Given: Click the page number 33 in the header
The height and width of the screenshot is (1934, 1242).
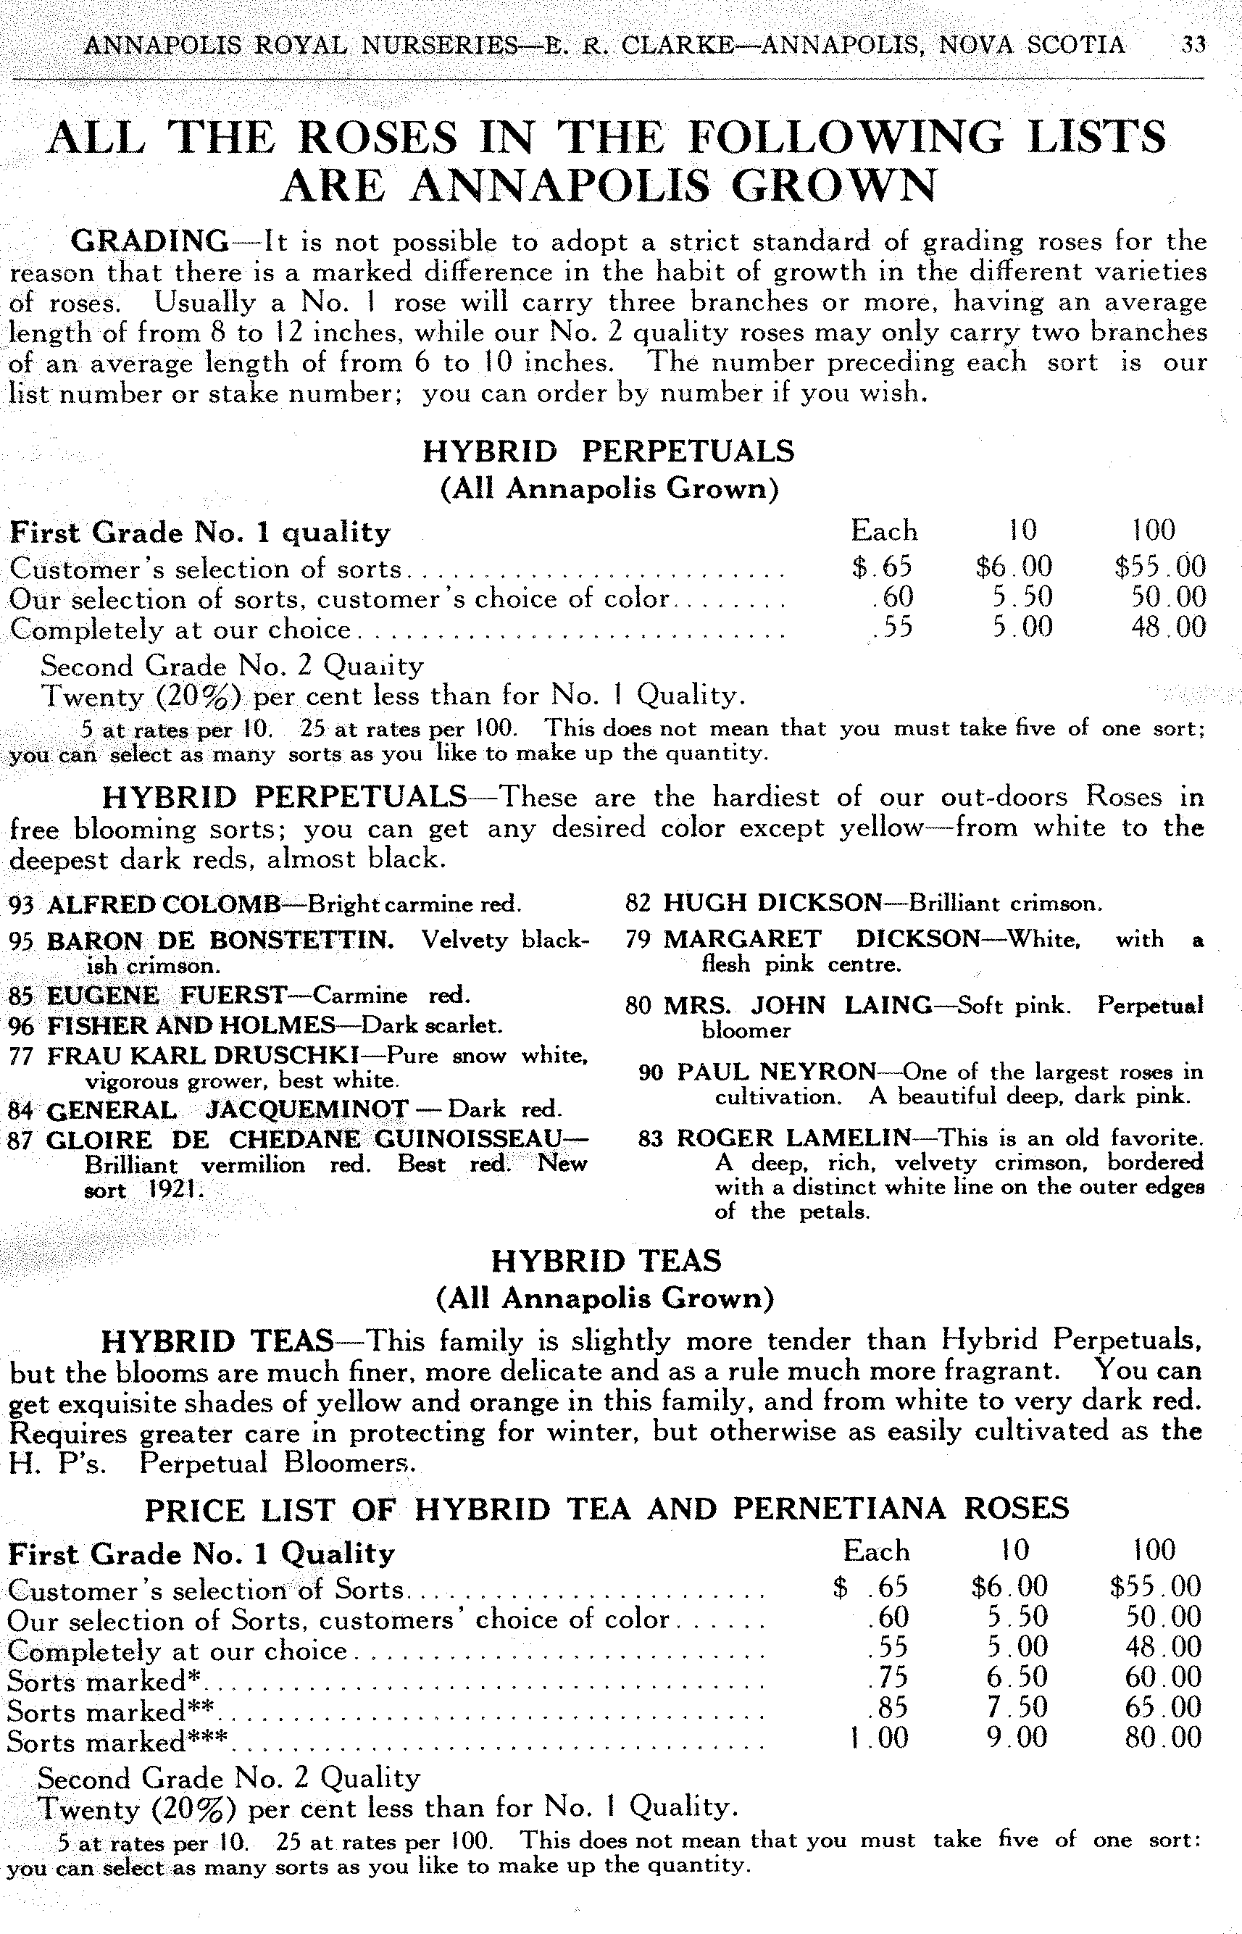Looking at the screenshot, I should click(x=1193, y=44).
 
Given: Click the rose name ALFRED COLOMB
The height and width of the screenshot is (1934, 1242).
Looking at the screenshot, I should click(x=164, y=904).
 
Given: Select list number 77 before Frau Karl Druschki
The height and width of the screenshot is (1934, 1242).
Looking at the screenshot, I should click(x=21, y=1056).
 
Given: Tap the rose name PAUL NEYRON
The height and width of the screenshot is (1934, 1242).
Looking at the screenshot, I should click(x=776, y=1072).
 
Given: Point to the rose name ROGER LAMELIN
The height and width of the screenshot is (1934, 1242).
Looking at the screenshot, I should click(x=793, y=1138).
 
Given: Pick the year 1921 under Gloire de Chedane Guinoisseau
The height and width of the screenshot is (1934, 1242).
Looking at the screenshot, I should click(x=172, y=1191).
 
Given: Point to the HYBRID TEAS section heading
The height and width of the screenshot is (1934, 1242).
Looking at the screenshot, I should click(x=607, y=1261).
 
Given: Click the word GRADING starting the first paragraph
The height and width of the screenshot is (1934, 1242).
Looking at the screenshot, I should click(x=150, y=241).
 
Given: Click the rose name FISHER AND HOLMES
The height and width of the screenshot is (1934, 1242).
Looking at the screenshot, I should click(x=191, y=1026).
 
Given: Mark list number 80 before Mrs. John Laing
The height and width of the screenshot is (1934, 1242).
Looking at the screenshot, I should click(x=637, y=1006).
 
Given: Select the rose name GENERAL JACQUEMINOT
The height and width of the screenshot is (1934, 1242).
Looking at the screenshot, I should click(x=228, y=1111).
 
